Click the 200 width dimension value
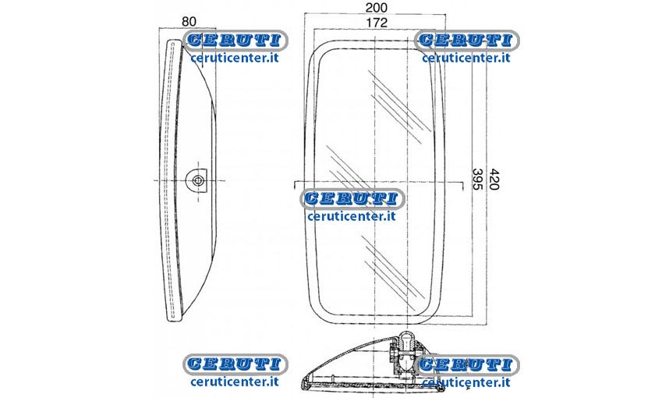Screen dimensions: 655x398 pos(377,8)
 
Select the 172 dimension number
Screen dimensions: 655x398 pos(377,23)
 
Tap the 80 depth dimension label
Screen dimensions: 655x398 pos(189,22)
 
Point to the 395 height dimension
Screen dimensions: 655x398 pos(477,179)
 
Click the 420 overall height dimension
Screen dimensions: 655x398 pos(494,179)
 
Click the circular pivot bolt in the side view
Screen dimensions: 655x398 pos(197,180)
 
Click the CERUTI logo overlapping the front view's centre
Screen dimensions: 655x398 pos(352,198)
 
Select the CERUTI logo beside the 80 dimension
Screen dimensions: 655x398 pos(235,41)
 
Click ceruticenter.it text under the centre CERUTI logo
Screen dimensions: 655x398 pos(352,216)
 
